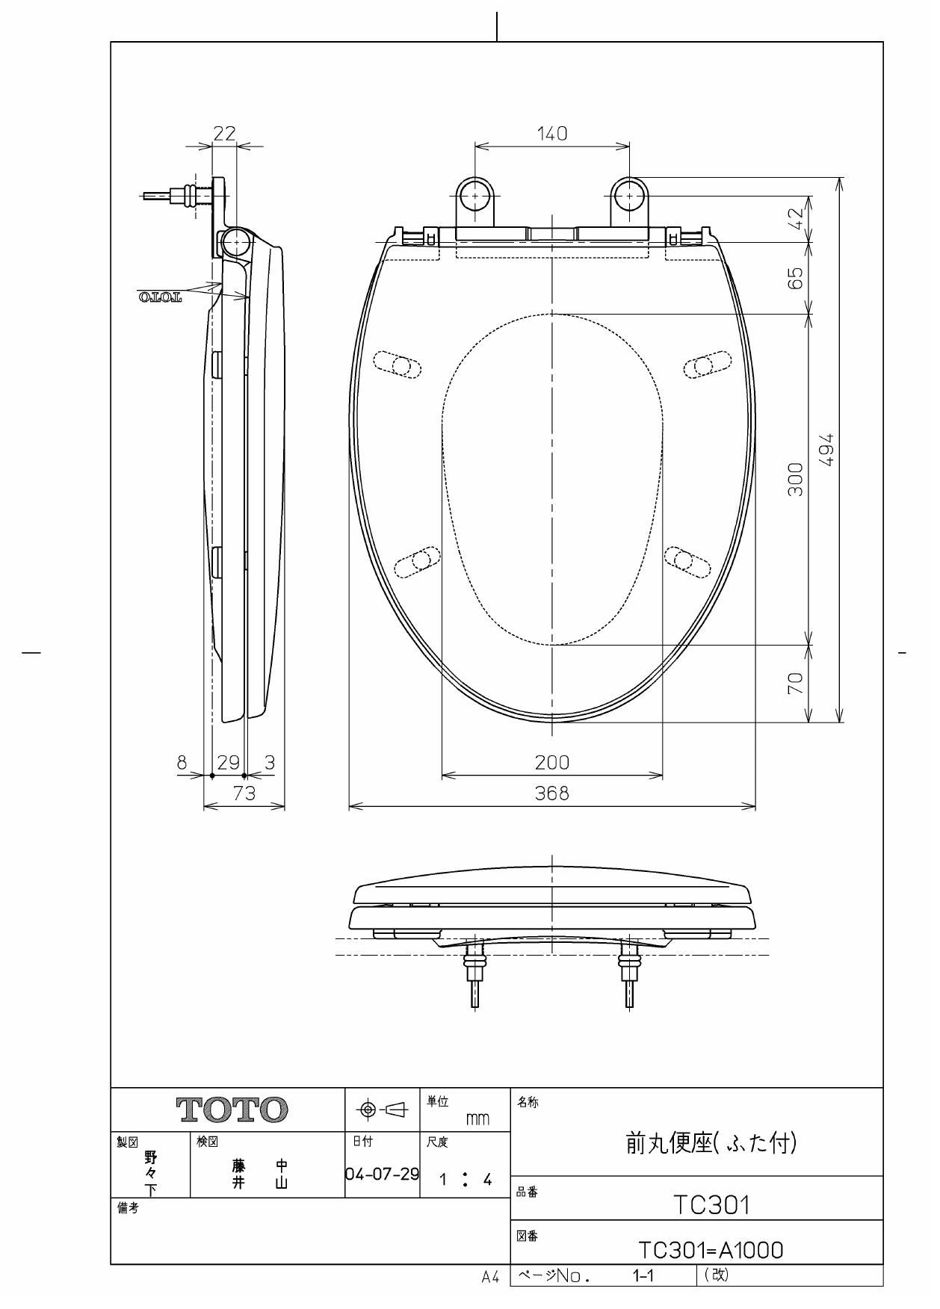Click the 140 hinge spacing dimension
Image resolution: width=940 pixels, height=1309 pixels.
(x=552, y=134)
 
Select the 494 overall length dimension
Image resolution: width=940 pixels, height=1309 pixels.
(x=827, y=450)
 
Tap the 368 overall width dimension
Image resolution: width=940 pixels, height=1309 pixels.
(x=552, y=793)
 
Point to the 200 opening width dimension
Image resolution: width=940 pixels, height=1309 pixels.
(x=552, y=763)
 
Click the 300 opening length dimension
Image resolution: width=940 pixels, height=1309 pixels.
(x=797, y=479)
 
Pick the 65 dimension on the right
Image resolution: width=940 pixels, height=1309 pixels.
(x=797, y=278)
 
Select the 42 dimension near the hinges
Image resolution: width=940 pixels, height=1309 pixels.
(x=797, y=218)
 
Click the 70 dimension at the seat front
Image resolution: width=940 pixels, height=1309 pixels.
(x=797, y=683)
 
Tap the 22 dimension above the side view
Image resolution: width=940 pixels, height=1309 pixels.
(x=224, y=134)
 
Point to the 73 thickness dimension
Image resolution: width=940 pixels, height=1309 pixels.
(x=244, y=793)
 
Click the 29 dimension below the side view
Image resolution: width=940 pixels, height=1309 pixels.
(x=228, y=763)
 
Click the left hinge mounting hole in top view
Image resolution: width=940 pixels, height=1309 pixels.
(x=474, y=196)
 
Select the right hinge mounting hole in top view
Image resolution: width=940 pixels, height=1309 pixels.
(x=629, y=196)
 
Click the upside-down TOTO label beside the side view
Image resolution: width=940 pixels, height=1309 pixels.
(x=160, y=298)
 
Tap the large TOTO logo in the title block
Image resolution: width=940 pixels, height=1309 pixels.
(x=232, y=1111)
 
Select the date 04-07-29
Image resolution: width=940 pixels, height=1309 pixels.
(x=383, y=1175)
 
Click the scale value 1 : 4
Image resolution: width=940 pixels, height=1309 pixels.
(x=465, y=1180)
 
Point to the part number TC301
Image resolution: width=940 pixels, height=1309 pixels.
(x=711, y=1204)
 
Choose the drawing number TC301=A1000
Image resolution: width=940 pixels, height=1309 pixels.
(x=711, y=1250)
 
